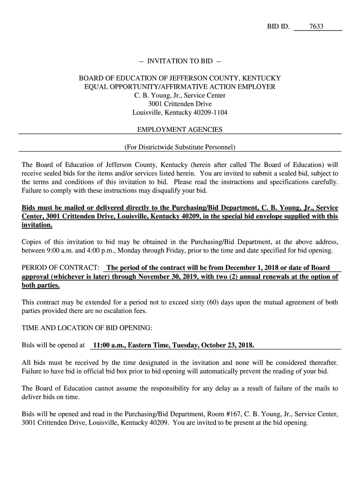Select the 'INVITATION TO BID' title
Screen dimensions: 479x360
[x=180, y=61]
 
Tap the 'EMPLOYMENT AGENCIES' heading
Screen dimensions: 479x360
[x=180, y=130]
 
